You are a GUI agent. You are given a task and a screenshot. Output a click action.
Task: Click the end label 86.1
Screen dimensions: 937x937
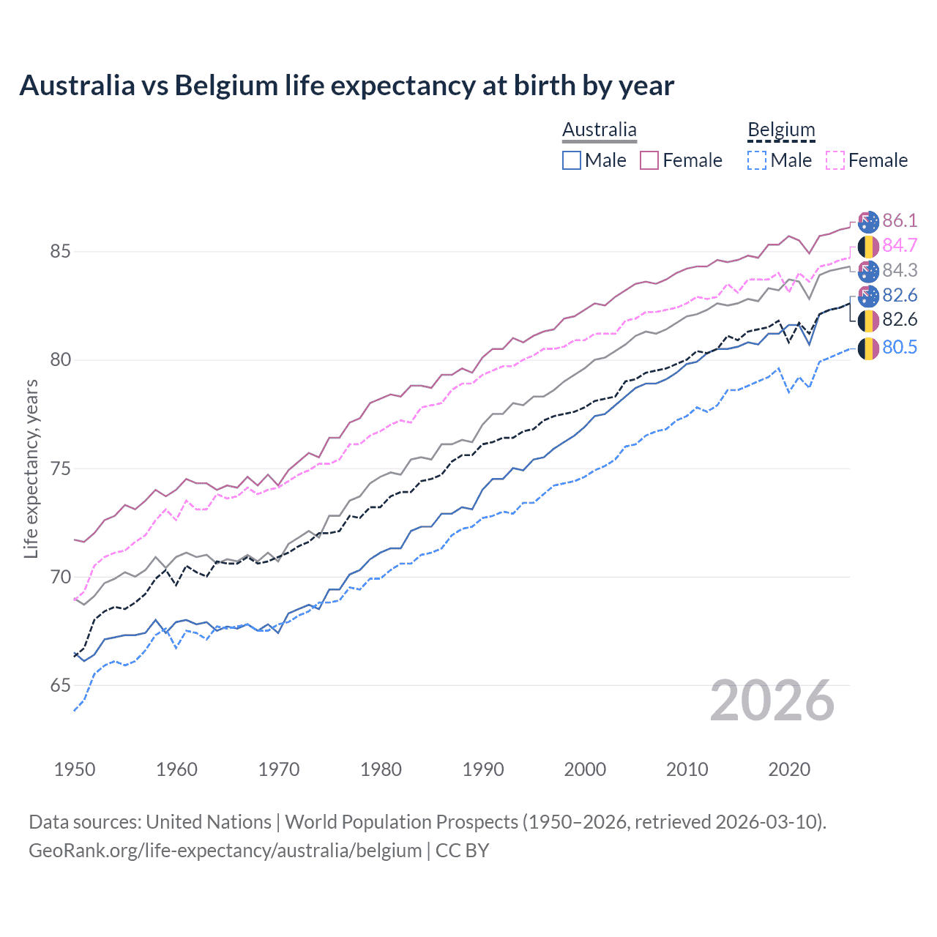(900, 220)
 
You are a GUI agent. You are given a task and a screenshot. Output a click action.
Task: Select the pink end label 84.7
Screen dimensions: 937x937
(900, 245)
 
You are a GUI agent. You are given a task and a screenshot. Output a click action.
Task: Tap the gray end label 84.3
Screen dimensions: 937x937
(900, 270)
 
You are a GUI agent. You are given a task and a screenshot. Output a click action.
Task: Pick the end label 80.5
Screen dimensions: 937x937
(900, 347)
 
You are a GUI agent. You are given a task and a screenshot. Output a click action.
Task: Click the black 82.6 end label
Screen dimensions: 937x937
(900, 320)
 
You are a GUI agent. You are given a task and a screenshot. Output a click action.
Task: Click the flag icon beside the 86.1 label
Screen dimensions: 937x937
(868, 221)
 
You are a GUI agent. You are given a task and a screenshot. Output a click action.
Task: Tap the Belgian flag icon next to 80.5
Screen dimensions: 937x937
(868, 348)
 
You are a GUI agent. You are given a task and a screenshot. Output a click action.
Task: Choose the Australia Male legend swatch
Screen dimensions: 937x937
(572, 160)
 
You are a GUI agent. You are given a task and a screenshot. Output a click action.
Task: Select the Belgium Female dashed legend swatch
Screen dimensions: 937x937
(835, 160)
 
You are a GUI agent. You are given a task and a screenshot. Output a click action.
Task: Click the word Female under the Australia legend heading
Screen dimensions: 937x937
(693, 160)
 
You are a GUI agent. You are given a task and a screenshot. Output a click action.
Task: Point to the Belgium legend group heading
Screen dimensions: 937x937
(781, 130)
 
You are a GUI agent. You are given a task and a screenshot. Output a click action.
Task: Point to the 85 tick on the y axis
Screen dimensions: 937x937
(60, 251)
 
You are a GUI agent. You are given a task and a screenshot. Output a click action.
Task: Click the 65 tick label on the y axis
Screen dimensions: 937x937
(60, 685)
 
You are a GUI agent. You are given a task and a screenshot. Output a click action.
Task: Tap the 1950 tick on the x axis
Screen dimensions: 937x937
(75, 769)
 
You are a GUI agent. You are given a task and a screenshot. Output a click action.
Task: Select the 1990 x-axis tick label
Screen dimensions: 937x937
(483, 769)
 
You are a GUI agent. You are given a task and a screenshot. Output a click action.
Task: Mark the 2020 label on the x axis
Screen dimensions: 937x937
(789, 769)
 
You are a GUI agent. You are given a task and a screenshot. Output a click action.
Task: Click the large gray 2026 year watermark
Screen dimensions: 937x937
(772, 701)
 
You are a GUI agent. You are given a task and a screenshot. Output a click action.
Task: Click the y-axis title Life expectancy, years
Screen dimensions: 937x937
(31, 468)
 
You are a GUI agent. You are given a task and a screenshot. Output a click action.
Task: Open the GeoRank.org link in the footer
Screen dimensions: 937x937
(225, 851)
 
